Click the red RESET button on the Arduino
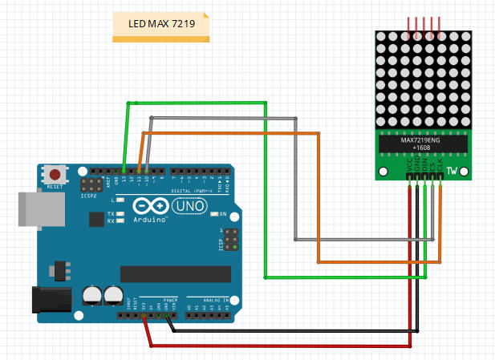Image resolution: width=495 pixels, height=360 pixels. [55, 174]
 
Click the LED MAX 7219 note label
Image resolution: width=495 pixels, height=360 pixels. [161, 24]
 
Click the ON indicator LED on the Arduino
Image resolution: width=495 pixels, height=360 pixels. [214, 214]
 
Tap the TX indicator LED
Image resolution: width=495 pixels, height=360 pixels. [120, 215]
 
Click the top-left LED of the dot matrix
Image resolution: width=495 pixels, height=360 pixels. [382, 36]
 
